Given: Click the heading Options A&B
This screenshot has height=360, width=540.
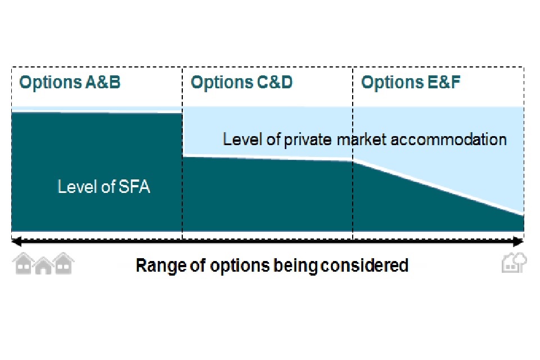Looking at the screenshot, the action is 70,83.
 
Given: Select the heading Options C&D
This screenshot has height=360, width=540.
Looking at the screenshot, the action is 242,83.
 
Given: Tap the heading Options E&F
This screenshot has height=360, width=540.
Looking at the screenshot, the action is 411,83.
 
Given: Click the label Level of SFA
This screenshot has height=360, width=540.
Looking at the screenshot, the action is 104,187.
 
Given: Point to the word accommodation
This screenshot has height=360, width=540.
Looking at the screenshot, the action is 449,139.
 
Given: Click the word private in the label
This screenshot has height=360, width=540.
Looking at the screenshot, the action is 308,140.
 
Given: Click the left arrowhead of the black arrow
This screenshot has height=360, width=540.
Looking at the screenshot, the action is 16,242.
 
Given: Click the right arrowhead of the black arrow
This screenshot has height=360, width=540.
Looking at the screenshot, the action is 519,242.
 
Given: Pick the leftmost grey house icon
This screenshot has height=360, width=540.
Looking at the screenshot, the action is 24,263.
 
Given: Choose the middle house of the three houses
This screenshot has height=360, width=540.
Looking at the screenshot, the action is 43,265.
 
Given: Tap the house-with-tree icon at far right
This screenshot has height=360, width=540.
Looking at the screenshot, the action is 514,263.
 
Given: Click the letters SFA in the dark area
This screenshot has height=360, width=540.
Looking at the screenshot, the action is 134,187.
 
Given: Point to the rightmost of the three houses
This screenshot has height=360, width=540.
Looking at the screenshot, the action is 64,263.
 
